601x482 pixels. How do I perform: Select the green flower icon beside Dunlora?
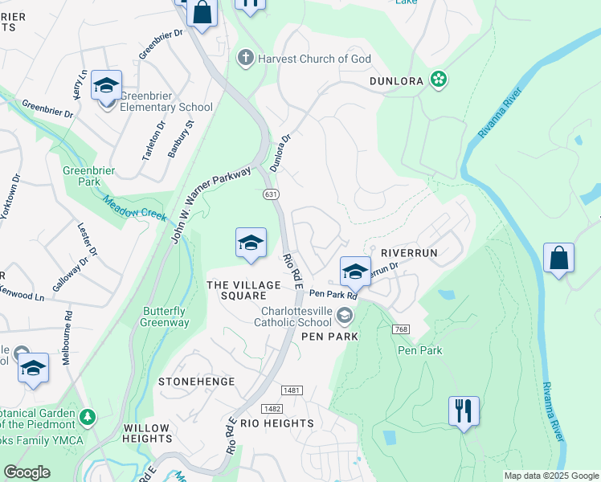click(439, 79)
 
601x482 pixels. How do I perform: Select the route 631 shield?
click(271, 194)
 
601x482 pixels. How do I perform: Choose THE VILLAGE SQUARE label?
click(243, 290)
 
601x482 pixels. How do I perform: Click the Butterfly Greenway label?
click(166, 317)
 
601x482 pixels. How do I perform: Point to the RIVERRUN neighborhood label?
click(409, 252)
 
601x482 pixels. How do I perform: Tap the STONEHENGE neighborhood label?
click(197, 382)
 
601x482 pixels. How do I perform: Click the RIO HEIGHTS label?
click(276, 423)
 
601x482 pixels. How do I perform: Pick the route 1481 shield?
click(292, 390)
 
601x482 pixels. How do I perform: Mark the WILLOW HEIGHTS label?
click(147, 434)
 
